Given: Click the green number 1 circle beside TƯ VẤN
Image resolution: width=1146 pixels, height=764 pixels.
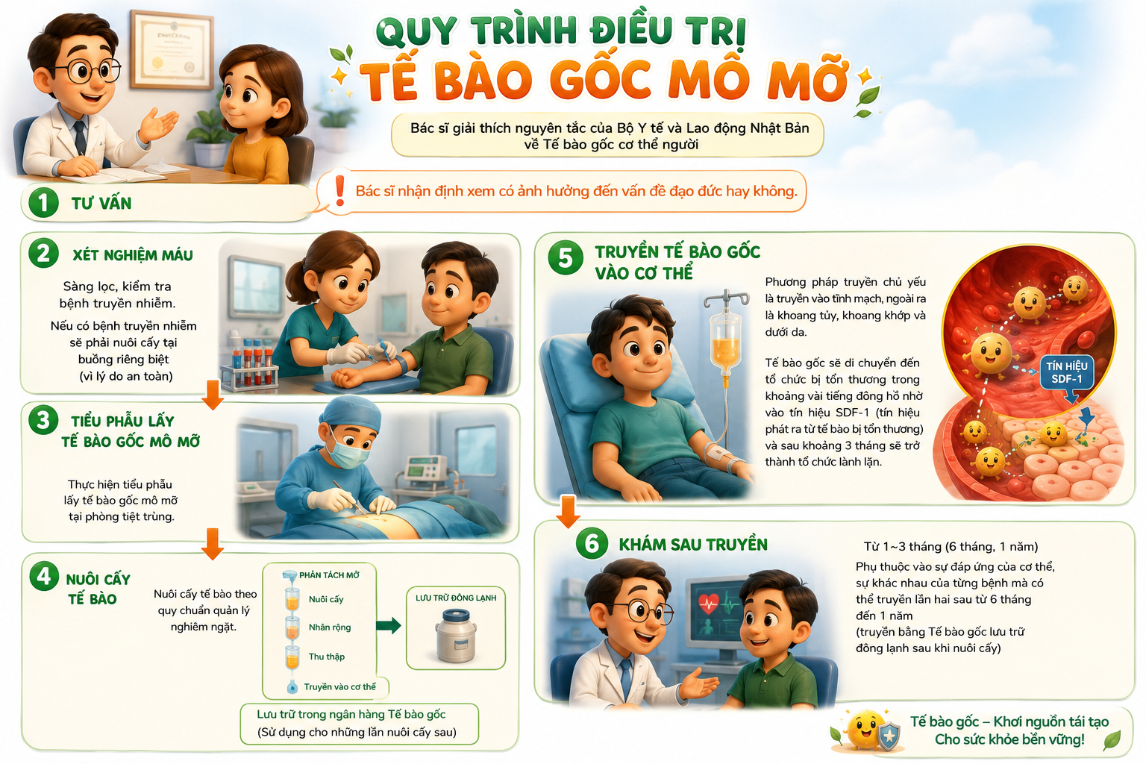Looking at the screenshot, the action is (43, 202).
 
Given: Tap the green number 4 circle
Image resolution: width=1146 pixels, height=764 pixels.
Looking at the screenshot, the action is (44, 576).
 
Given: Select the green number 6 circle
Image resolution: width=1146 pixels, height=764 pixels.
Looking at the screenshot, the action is (592, 543).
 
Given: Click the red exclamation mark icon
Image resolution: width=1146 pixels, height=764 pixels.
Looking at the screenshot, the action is (339, 190).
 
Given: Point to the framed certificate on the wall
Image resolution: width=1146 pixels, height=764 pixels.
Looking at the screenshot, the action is (172, 50).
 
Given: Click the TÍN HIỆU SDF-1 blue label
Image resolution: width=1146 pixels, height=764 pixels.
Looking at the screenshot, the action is (1067, 372).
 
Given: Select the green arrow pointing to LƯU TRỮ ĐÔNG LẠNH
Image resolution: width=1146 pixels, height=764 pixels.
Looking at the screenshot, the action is (389, 624).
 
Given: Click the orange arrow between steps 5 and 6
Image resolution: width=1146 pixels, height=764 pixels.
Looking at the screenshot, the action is (568, 511).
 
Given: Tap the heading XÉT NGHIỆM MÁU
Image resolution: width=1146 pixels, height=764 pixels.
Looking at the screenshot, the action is (133, 255).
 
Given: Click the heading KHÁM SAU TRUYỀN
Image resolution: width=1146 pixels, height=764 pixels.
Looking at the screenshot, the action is (693, 544).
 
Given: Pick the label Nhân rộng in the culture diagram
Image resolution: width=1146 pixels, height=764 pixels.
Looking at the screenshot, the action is (330, 627).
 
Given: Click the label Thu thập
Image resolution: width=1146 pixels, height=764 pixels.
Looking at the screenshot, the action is (326, 657).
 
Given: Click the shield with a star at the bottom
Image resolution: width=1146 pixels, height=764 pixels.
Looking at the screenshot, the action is (889, 736).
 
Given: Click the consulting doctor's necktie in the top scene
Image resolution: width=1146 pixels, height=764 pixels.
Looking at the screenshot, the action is (81, 137).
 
